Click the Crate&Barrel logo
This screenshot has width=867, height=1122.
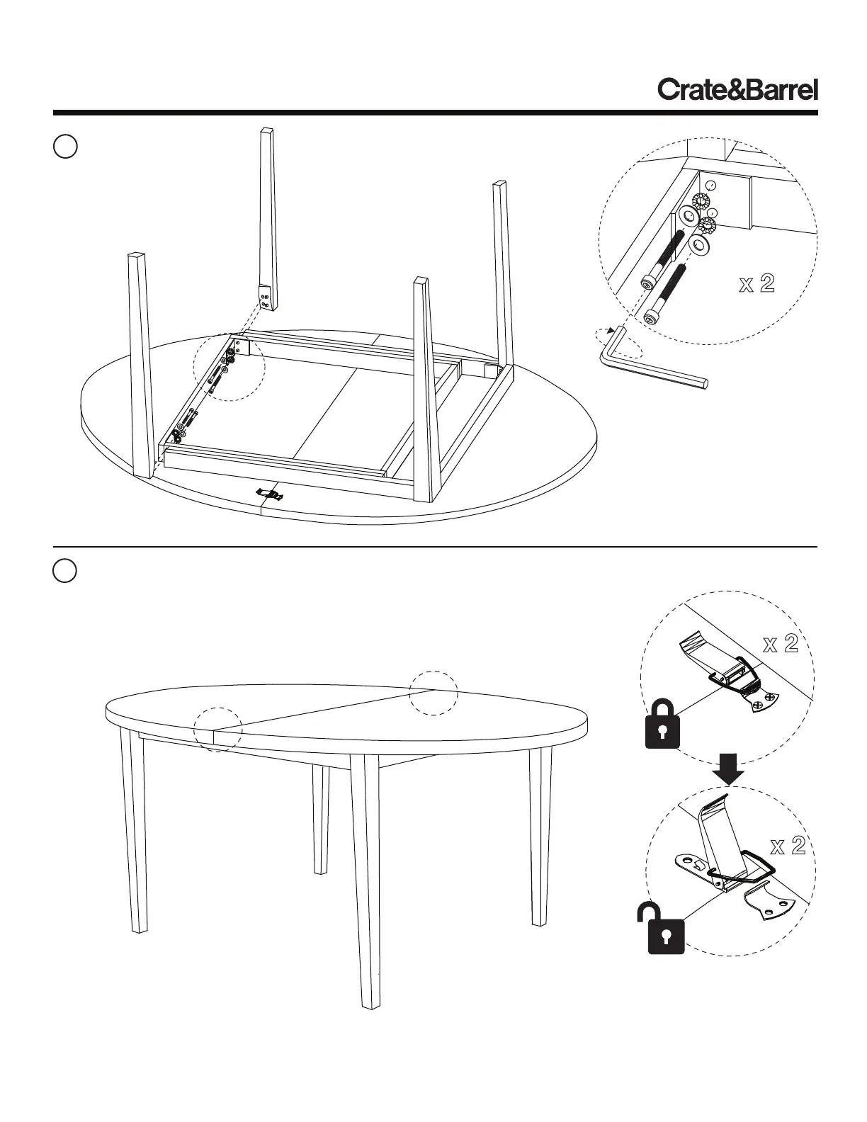coord(737,91)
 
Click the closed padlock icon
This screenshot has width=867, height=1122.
coord(662,725)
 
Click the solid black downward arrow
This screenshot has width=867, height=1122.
coord(728,769)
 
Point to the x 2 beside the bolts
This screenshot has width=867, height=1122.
coord(756,285)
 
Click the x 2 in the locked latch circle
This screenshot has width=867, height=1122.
coord(781,644)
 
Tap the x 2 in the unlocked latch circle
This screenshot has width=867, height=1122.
coord(788,846)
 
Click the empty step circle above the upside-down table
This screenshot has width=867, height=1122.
coord(65,147)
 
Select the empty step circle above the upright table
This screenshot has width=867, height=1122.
coord(65,571)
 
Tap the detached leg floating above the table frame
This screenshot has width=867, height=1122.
coord(266,216)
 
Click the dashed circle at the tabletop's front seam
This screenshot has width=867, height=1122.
coord(218,729)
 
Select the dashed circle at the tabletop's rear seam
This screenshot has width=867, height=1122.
coord(433,692)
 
